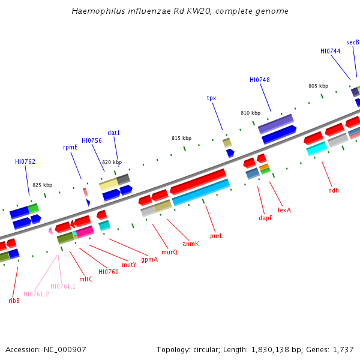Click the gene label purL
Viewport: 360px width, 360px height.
(x=216, y=236)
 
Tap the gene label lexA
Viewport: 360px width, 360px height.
(x=284, y=211)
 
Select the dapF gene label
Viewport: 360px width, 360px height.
(x=265, y=218)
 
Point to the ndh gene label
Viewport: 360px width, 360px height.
(x=334, y=190)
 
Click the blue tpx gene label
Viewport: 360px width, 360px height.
(x=211, y=98)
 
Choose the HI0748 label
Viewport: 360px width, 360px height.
(x=260, y=80)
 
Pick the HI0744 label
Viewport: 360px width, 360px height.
(x=330, y=51)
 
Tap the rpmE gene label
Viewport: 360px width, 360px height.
(x=70, y=147)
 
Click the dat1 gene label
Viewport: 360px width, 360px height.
(x=114, y=133)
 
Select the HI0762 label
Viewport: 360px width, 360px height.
(x=25, y=161)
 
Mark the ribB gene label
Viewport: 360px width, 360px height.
(x=14, y=301)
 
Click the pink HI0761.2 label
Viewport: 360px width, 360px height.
(x=36, y=294)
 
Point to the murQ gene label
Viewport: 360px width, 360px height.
(x=170, y=252)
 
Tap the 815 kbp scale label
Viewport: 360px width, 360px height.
(x=181, y=138)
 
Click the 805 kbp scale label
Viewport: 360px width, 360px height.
(x=318, y=86)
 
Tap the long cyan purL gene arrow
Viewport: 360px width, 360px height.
(x=201, y=192)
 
